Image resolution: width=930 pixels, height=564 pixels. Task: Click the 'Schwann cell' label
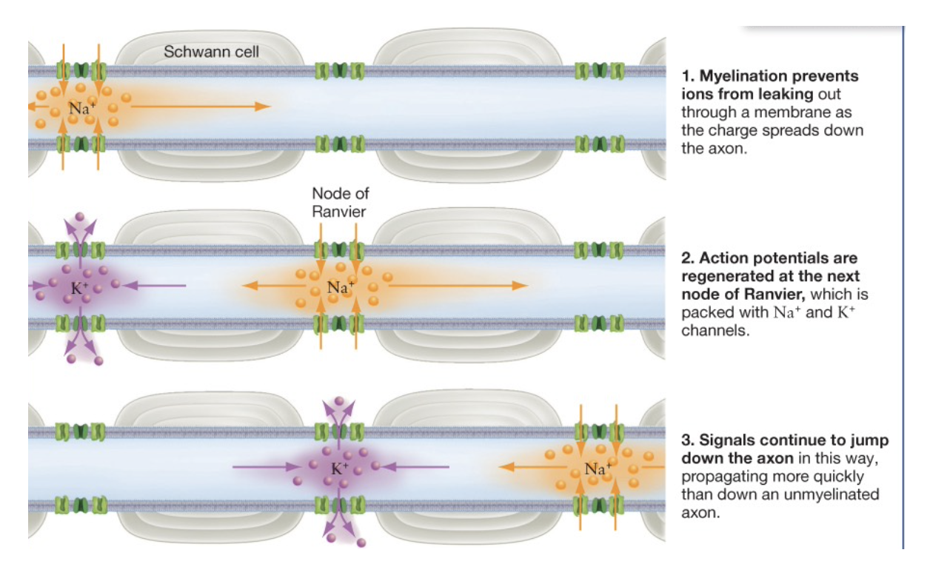211,52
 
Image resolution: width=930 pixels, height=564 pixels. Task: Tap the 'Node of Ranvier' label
340,201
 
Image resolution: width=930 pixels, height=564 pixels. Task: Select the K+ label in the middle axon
76,289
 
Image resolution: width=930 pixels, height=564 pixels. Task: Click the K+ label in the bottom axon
340,468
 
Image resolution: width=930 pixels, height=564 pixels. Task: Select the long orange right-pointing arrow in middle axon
459,286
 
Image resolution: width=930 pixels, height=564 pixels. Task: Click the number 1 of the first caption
685,76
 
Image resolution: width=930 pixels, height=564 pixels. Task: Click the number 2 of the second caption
685,258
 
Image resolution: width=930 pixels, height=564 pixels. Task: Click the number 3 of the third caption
685,441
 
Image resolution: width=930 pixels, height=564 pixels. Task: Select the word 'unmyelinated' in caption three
832,494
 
